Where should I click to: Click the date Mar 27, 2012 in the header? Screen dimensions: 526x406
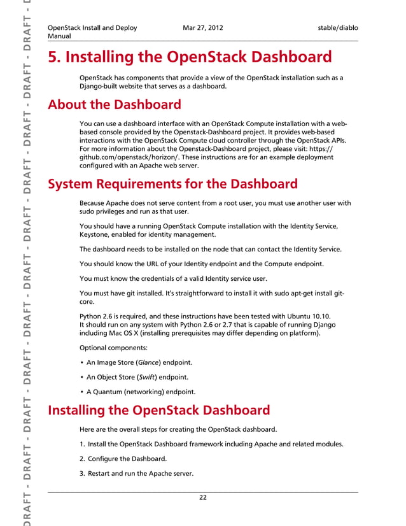202,28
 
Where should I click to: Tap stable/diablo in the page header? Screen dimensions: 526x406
338,28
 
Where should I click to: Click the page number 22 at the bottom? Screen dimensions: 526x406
202,497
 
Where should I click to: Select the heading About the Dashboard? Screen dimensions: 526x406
115,104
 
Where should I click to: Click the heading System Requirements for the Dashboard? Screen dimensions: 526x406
172,185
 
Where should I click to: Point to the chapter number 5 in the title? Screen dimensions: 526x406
53,57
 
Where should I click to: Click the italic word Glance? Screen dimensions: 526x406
149,362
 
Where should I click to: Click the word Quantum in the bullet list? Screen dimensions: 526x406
108,392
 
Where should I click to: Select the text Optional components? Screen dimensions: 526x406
112,348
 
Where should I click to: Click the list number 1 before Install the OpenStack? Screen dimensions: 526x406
82,444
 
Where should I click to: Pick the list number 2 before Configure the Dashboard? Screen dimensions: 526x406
82,458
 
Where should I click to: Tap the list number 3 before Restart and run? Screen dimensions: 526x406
82,473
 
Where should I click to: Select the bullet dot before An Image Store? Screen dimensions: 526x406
82,362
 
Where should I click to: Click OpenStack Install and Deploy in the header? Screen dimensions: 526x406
92,28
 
